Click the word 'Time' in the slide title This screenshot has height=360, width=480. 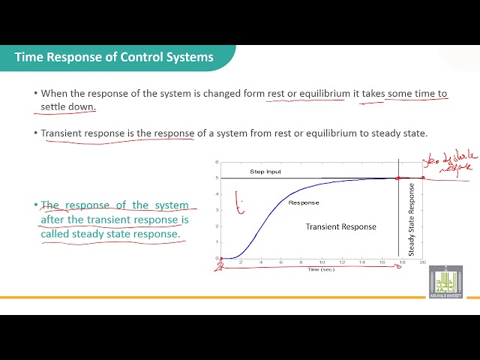click(29, 57)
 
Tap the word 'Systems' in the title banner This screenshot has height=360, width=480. click(190, 57)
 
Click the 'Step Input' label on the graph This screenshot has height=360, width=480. click(265, 172)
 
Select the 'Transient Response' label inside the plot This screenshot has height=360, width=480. click(340, 226)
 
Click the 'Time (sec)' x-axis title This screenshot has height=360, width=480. click(320, 268)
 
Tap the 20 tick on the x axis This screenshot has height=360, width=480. click(422, 262)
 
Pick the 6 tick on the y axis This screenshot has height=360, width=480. click(217, 162)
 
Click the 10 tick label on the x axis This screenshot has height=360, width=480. click(321, 262)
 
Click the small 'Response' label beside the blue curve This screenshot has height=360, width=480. click(304, 202)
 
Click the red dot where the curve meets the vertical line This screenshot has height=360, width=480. click(398, 178)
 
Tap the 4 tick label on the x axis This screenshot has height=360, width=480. click(260, 262)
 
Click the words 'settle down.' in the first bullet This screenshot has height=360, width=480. click(68, 106)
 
